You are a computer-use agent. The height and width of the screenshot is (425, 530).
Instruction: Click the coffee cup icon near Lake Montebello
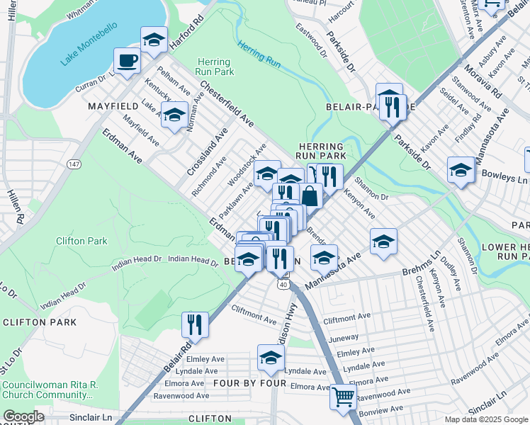(127, 61)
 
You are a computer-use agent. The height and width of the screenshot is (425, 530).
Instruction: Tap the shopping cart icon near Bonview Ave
(343, 397)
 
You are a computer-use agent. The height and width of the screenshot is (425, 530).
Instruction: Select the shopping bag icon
(310, 195)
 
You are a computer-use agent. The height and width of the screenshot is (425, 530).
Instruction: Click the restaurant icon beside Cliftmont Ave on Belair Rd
(194, 324)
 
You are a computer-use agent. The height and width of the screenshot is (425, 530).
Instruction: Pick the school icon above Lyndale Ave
(270, 358)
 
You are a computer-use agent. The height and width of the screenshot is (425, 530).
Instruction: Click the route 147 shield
(74, 164)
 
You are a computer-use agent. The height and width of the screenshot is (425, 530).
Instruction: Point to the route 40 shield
(283, 284)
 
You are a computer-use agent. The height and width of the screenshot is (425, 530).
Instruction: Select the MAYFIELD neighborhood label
(113, 106)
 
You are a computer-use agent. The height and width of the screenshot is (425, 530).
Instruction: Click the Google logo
(23, 416)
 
